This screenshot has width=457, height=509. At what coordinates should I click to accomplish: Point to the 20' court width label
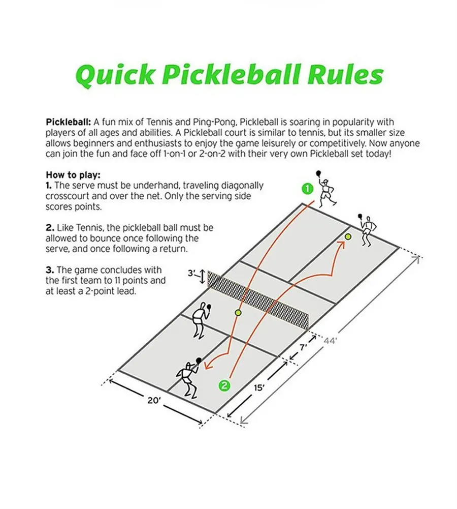(154, 401)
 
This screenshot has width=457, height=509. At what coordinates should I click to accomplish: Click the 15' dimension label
(259, 388)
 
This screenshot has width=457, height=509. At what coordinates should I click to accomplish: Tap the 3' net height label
(191, 273)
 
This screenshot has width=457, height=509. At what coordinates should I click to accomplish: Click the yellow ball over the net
(238, 312)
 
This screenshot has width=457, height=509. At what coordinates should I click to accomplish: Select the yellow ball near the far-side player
(348, 236)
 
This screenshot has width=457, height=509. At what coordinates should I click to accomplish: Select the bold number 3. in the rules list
(49, 270)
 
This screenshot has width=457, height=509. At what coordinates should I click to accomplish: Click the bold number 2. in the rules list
(49, 227)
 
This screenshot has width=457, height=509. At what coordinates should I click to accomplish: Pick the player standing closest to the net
(200, 319)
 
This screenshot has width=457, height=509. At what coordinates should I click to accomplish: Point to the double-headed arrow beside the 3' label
(202, 277)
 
